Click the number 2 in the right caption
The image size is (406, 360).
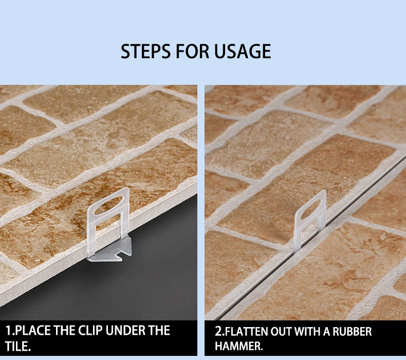(x=218, y=332)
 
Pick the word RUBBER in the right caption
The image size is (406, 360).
(x=353, y=332)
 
